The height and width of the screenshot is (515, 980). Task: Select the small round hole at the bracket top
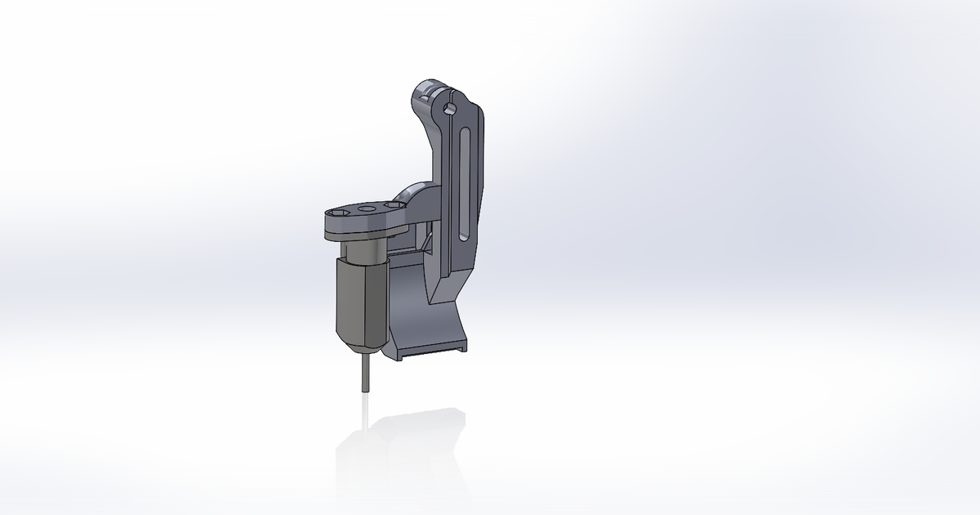448,108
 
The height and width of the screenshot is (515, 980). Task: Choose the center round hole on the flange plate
365,210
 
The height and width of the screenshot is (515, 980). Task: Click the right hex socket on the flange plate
391,205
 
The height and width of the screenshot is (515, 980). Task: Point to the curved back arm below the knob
430,139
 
